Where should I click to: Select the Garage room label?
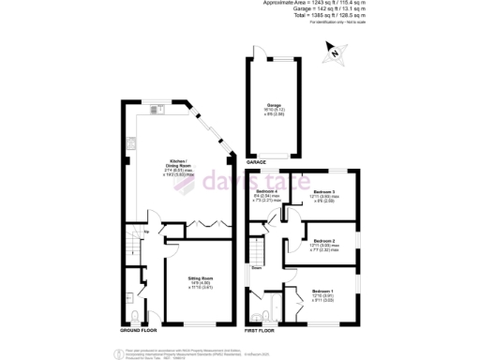click(274, 108)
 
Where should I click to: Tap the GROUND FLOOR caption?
click(140, 332)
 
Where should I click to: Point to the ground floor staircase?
click(129, 246)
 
